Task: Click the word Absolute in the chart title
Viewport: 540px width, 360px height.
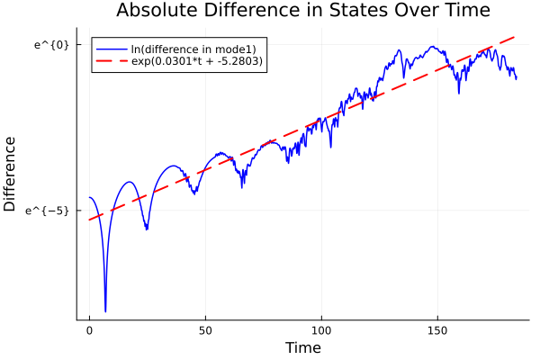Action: pos(157,11)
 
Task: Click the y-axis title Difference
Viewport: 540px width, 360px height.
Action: pos(10,174)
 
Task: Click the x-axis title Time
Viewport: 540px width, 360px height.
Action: pos(302,347)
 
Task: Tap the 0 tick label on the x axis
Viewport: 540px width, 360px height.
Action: pos(89,331)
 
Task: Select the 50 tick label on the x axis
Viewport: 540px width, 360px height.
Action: pos(205,331)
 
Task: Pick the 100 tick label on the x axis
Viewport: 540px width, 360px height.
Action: pos(321,331)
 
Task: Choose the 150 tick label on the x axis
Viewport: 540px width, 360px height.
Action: pos(437,331)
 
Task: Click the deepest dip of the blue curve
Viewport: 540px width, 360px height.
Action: pos(105,311)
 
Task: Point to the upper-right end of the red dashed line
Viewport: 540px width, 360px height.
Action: pos(515,38)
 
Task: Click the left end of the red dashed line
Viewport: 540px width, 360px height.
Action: pos(89,220)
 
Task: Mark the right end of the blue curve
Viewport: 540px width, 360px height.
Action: pos(517,78)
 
